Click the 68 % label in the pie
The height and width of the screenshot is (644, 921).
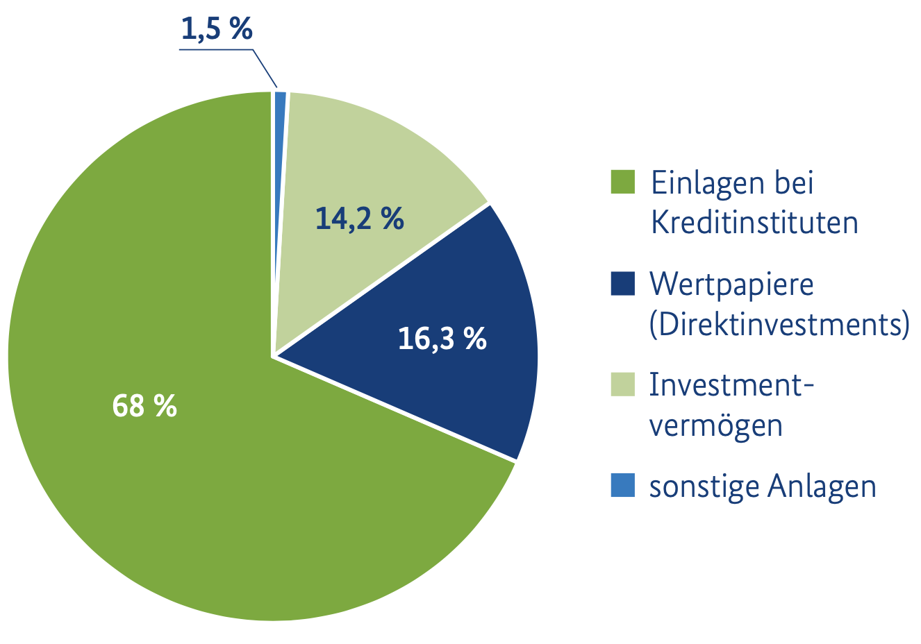(144, 405)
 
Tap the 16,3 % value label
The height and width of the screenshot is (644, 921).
(442, 339)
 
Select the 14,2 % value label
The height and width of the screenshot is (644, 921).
(359, 219)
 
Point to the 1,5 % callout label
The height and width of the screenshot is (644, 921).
(216, 29)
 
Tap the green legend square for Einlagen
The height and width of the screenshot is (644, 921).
(623, 183)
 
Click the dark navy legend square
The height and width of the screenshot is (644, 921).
(623, 283)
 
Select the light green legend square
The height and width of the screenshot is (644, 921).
(623, 384)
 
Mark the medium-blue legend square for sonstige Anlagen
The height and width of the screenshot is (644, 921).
(623, 486)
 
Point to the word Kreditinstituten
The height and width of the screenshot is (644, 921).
(754, 223)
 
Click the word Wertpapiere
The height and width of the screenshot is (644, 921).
(731, 284)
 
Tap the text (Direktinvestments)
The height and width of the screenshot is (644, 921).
(779, 324)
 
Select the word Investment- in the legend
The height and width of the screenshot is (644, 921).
(731, 384)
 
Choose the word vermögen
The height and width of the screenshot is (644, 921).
(716, 425)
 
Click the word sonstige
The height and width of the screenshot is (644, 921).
(703, 487)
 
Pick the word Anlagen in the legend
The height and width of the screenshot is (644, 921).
(822, 487)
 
